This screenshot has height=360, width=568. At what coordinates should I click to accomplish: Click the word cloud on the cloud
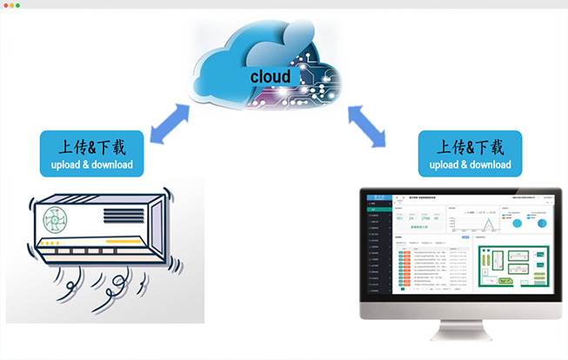271,77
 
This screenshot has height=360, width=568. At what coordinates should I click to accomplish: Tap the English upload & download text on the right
470,164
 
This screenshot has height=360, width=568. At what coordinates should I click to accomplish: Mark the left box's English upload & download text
91,164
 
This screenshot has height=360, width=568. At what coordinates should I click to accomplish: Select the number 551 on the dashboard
399,218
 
